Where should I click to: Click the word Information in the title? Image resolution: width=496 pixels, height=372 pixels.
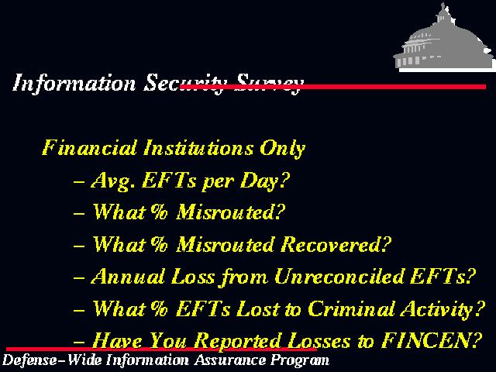click(x=74, y=83)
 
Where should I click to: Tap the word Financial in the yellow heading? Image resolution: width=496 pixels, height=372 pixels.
click(x=89, y=148)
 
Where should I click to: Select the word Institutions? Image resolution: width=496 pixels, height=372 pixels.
click(x=198, y=148)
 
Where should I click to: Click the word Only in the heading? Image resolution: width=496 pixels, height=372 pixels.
click(x=282, y=149)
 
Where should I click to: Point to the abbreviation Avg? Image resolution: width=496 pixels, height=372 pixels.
click(x=110, y=181)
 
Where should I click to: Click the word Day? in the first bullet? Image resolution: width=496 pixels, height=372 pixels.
click(x=264, y=181)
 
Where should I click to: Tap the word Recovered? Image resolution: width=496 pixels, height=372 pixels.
click(x=336, y=245)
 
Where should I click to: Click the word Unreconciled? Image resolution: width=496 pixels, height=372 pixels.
click(x=339, y=277)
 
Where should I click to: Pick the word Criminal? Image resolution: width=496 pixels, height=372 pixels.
click(x=350, y=308)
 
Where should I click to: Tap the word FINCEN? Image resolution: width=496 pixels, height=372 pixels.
click(x=432, y=341)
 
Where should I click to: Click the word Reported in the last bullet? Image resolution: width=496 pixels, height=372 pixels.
click(x=238, y=342)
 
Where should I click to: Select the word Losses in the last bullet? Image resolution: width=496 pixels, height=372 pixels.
click(x=319, y=341)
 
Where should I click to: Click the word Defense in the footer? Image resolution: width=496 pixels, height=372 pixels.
click(x=28, y=360)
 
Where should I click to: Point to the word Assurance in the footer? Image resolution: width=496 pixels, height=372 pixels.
click(x=230, y=360)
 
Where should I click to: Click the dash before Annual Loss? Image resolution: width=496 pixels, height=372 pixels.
click(x=79, y=277)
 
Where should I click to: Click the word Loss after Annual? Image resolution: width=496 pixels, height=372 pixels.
click(x=193, y=277)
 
